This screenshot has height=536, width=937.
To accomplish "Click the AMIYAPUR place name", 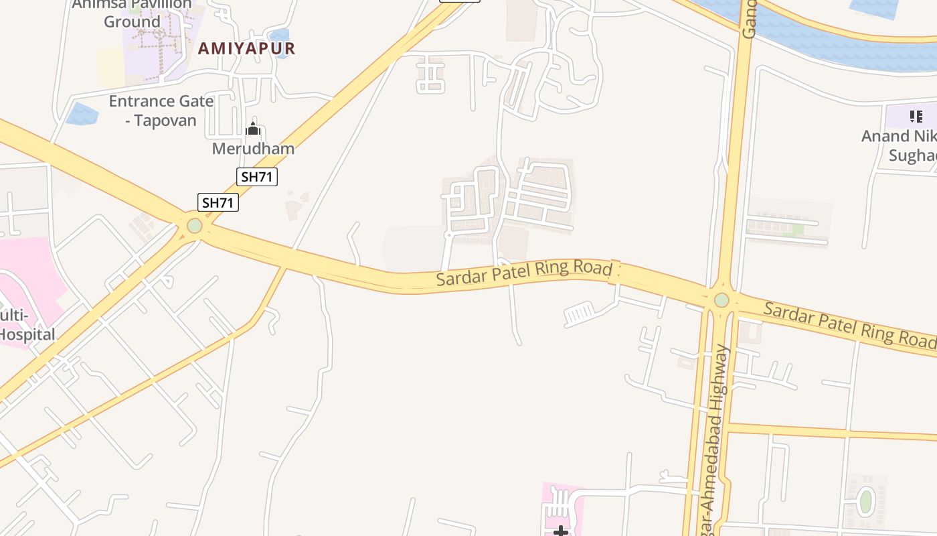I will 246,48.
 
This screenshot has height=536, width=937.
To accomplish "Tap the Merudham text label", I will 253,149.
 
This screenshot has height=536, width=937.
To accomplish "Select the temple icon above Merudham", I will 253,129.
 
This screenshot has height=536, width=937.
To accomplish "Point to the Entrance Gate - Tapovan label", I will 161,111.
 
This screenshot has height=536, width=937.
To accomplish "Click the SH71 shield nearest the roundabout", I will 218,202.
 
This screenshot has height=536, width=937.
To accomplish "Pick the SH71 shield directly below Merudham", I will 257,177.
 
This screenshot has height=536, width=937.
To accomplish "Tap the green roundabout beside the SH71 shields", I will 195,226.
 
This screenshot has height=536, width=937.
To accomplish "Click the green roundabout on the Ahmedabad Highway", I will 721,299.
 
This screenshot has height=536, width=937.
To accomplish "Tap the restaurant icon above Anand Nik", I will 916,117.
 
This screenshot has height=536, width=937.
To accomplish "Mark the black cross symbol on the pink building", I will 561,531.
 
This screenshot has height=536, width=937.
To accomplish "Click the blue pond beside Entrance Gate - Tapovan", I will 82,113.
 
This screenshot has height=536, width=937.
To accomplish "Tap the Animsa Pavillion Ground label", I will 132,13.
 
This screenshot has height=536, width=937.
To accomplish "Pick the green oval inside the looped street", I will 865,501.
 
